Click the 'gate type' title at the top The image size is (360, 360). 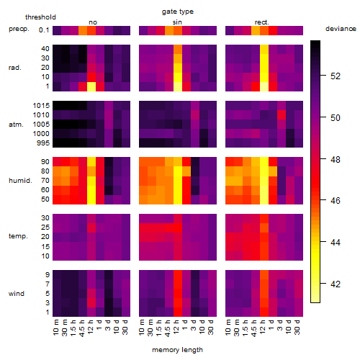tap(178, 12)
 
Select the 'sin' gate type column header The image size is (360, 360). tap(177, 22)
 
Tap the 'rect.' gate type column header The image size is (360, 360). tap(262, 22)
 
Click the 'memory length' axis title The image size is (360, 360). tap(177, 350)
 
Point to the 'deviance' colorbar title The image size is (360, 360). tap(341, 29)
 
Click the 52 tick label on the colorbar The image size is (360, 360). tap(336, 76)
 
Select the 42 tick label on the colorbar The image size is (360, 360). tap(336, 284)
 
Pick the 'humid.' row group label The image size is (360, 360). tap(20, 181)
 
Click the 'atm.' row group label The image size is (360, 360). tap(16, 125)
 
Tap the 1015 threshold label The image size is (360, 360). tap(41, 106)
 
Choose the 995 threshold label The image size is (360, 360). tap(43, 143)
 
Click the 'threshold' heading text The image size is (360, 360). tap(40, 17)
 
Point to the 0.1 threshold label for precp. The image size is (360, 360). tap(44, 30)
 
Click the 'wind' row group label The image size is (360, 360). tap(17, 294)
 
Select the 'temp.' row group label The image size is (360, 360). tap(18, 236)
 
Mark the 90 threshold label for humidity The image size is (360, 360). tap(45, 162)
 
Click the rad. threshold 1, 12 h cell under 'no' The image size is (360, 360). tap(91, 86)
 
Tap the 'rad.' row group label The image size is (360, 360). tap(15, 68)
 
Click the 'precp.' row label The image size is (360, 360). tap(19, 29)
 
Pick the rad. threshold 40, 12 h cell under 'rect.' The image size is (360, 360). tap(264, 49)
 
